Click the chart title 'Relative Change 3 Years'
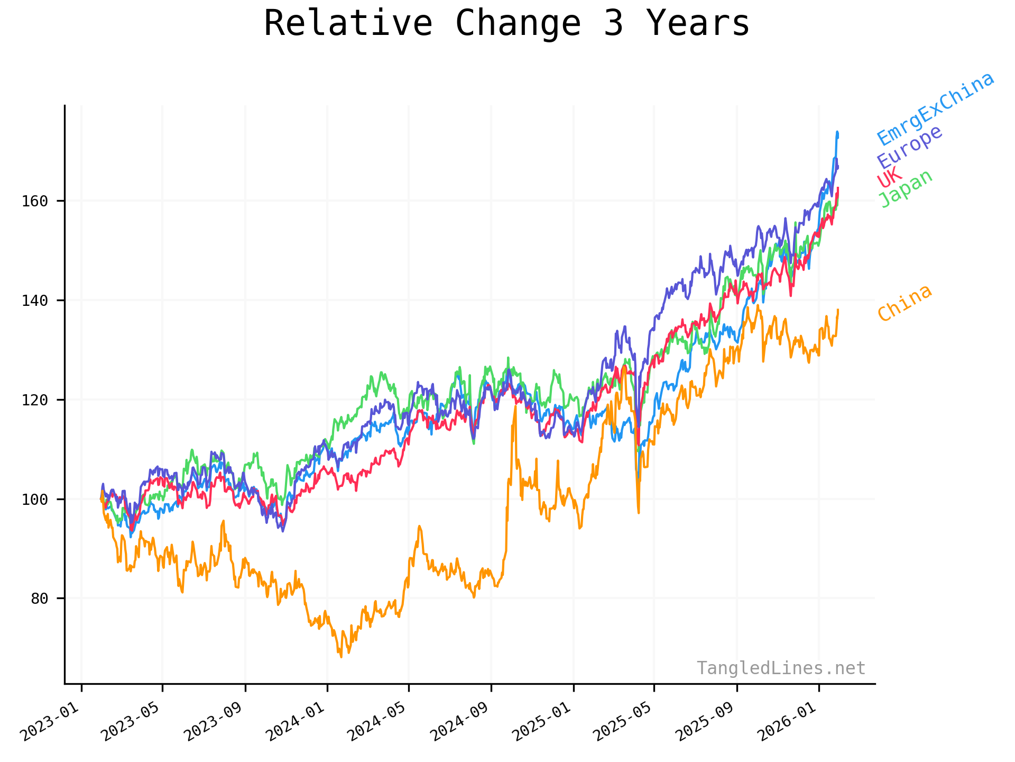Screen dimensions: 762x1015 click(506, 24)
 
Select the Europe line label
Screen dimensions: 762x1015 click(910, 147)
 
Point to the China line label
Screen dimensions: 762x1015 click(905, 303)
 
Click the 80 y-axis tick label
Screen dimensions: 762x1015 click(39, 598)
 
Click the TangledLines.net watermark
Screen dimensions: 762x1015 click(781, 668)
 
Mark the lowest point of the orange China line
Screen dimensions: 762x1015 click(341, 657)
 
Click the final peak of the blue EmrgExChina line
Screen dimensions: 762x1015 click(837, 132)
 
